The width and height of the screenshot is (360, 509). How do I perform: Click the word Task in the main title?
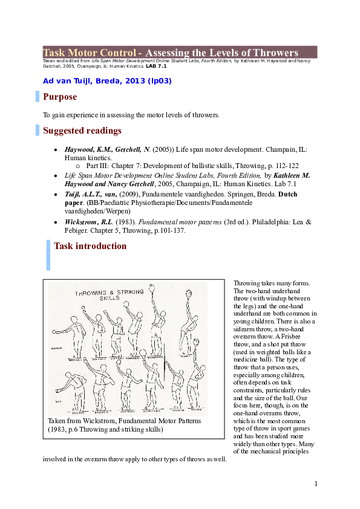[54, 53]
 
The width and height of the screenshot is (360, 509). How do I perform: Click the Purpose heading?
[60, 97]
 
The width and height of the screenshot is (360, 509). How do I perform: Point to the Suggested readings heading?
[82, 131]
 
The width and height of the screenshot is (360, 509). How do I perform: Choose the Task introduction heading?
[90, 246]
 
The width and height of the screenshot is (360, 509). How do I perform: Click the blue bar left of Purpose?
[37, 97]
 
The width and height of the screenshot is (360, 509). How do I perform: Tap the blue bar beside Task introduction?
[48, 254]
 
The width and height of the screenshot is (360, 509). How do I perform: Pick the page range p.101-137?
[165, 230]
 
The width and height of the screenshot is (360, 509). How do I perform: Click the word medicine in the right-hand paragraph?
[246, 359]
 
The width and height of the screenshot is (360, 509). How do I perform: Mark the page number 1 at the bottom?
[316, 483]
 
